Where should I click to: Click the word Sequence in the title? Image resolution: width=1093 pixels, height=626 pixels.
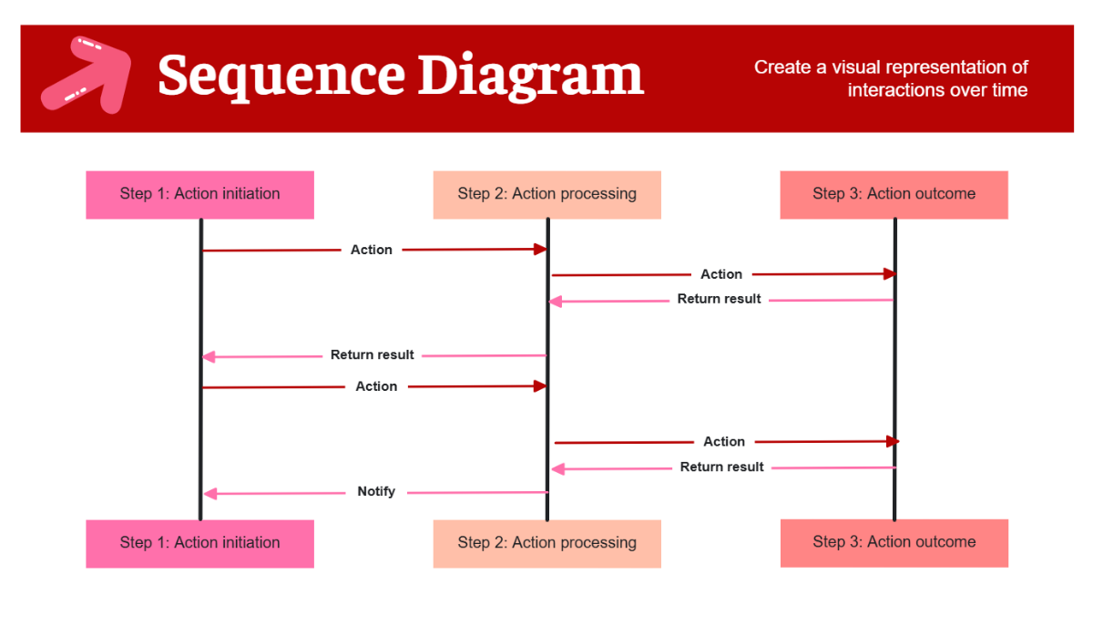(281, 76)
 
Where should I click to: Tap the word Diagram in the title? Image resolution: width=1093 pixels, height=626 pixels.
(530, 76)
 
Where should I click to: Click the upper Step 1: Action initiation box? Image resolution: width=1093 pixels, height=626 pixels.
(199, 194)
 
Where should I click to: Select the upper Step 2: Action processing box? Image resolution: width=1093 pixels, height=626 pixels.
(546, 194)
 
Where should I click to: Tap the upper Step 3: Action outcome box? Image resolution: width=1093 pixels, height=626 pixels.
(894, 194)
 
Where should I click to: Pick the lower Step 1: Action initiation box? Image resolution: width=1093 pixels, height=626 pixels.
(199, 543)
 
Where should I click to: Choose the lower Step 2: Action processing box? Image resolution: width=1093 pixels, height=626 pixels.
(546, 543)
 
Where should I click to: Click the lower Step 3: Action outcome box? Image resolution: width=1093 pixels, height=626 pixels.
(894, 542)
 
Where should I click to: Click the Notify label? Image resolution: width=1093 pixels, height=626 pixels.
(376, 492)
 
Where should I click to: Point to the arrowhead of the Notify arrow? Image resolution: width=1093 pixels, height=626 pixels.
(209, 494)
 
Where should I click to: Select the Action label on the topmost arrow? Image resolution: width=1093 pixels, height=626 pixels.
(372, 250)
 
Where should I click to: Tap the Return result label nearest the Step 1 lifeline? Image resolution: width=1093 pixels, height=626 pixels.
(372, 355)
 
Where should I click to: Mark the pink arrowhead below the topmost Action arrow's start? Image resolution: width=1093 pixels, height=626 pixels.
(209, 356)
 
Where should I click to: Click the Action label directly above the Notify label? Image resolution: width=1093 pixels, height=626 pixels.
(376, 387)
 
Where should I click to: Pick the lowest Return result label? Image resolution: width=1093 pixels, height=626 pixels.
(722, 467)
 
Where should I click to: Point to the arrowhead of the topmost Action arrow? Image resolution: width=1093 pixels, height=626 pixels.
(540, 249)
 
